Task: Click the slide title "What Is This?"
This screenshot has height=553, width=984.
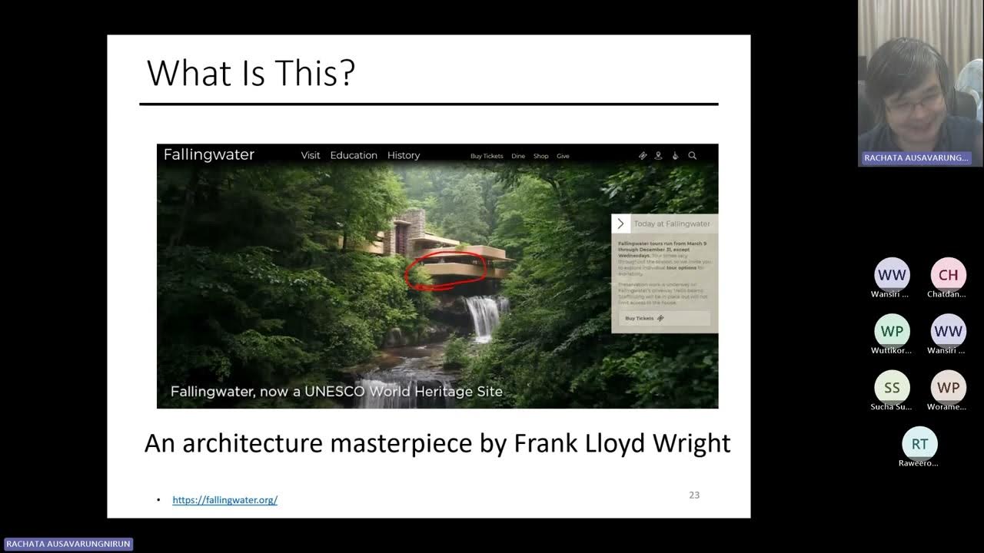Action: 251,74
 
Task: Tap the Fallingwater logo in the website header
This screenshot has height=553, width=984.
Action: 208,154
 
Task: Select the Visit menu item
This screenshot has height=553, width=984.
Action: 311,155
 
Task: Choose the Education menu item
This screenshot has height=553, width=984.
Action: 354,155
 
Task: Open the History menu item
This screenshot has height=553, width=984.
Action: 404,155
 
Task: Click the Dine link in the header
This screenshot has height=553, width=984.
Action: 518,156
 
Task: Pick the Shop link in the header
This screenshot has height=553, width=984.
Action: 541,156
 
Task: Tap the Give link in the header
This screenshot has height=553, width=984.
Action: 563,156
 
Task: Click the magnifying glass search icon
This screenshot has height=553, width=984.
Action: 692,155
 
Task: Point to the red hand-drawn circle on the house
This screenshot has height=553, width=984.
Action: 446,270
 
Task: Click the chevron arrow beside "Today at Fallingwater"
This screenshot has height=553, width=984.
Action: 620,224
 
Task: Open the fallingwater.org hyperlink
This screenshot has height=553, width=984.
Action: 224,500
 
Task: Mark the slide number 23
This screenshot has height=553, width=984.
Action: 694,495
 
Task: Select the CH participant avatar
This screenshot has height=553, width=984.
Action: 948,275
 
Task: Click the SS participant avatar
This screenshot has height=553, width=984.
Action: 892,388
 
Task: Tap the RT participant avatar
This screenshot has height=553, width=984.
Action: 919,444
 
